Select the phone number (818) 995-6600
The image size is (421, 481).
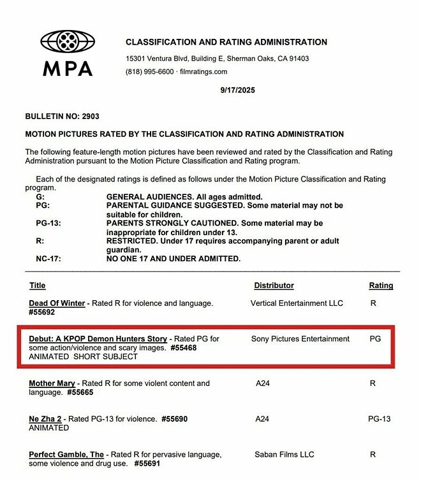[149, 71]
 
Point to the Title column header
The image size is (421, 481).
[38, 285]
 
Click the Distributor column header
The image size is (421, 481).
[274, 285]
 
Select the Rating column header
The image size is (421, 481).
[381, 285]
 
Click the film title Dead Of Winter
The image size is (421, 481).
[57, 303]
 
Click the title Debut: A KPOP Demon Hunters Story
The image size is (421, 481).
[98, 339]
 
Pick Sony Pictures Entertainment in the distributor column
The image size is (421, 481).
[300, 339]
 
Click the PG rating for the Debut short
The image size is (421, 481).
[375, 339]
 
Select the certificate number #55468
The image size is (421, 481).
[186, 348]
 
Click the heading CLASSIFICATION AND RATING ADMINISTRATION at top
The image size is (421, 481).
[226, 42]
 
